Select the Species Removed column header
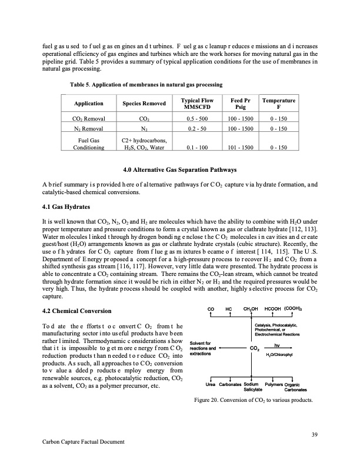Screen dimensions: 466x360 click(144, 104)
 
